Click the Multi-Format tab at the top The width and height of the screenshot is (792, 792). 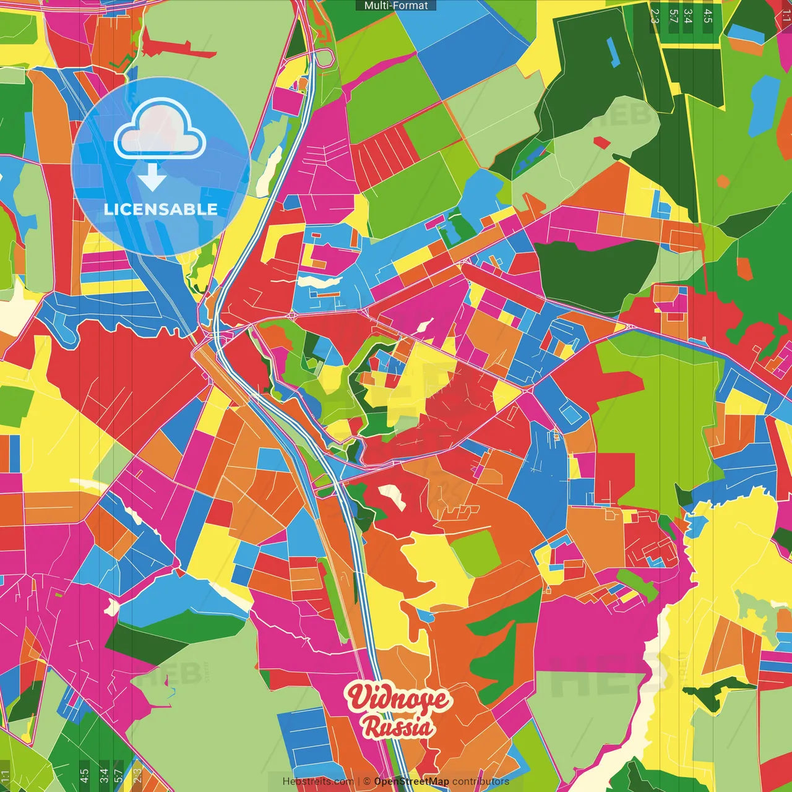tap(396, 6)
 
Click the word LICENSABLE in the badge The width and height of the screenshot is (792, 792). tap(161, 209)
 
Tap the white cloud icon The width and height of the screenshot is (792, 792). tap(160, 129)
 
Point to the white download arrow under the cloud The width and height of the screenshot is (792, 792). tap(152, 177)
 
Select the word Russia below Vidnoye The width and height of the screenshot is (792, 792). tap(398, 726)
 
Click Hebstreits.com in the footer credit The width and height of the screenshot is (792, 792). tap(318, 781)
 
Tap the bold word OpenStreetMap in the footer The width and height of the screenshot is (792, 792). tap(411, 781)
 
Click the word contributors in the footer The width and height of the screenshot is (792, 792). tap(481, 781)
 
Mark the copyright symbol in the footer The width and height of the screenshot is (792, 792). tap(367, 781)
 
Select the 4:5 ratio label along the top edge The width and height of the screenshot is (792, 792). tap(708, 15)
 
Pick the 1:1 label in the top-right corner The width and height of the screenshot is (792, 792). tap(785, 15)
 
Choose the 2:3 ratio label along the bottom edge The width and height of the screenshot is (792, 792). tap(137, 775)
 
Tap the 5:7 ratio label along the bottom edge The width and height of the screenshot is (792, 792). tap(119, 775)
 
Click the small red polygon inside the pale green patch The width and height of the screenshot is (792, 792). tap(601, 142)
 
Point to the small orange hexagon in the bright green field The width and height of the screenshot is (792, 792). tap(723, 181)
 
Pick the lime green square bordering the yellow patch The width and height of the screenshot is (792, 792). tap(475, 552)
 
